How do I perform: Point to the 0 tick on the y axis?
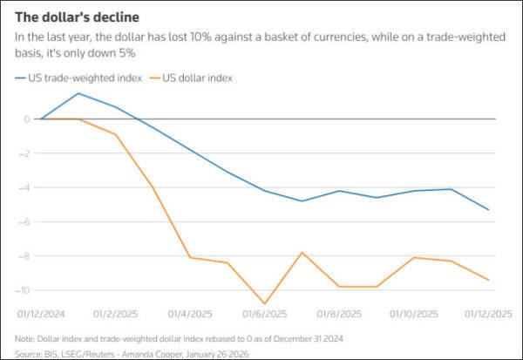pos(27,119)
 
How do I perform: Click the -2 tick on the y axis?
pos(25,153)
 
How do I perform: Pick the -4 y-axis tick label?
pos(25,187)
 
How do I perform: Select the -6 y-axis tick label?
pos(25,221)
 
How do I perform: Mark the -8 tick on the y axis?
pos(25,255)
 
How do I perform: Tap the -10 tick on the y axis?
pos(24,289)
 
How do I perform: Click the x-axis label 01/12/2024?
pos(41,313)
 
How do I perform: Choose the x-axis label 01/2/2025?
pos(115,313)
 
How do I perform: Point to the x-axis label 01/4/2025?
pos(190,313)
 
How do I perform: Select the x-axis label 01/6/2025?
pos(265,313)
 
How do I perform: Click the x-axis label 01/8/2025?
pos(340,313)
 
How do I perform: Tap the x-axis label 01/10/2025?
pos(414,313)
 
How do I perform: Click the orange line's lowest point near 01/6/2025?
pos(265,303)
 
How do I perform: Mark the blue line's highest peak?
pos(78,93)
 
